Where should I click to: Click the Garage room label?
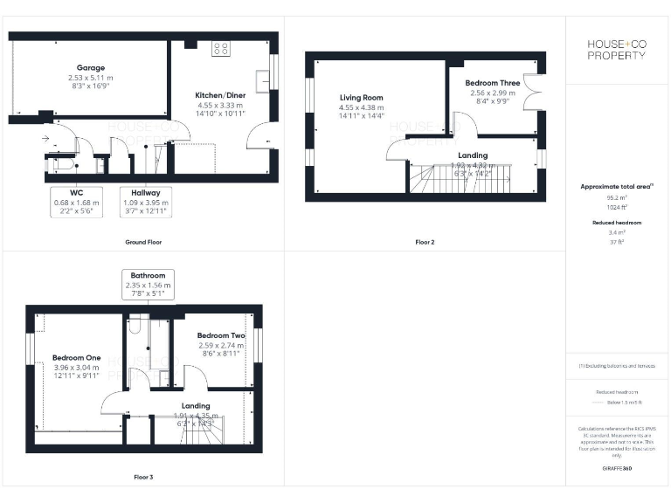tap(90, 67)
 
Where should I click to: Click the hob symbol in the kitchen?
tap(220, 49)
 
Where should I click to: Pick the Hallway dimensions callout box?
tap(146, 202)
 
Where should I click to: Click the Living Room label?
tap(361, 98)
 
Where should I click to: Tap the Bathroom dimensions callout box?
tap(147, 285)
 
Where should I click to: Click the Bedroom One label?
tap(76, 358)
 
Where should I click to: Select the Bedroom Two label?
tap(220, 335)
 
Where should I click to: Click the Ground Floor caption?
tap(142, 242)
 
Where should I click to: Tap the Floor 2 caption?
tap(425, 242)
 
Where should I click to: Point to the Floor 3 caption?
tap(142, 478)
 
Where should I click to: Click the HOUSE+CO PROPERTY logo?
tap(618, 50)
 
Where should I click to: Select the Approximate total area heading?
tap(617, 187)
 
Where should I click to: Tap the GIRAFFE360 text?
tap(617, 470)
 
